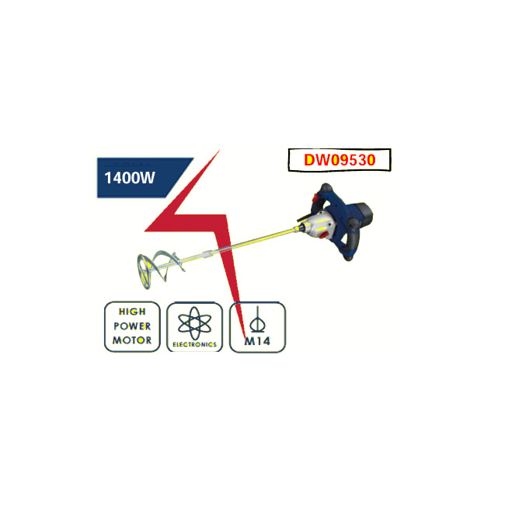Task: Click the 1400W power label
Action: [130, 177]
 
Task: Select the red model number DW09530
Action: [340, 160]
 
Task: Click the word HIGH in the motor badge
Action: [132, 312]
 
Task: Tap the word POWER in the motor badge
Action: [132, 326]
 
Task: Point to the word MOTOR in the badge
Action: [132, 340]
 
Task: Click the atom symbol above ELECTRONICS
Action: [194, 323]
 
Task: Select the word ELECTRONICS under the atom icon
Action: [194, 344]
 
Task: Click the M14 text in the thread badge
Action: [257, 341]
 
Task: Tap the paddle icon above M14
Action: [257, 319]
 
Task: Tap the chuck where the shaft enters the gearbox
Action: [300, 228]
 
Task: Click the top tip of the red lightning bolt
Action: [219, 151]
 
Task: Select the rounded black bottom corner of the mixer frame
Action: [349, 256]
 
